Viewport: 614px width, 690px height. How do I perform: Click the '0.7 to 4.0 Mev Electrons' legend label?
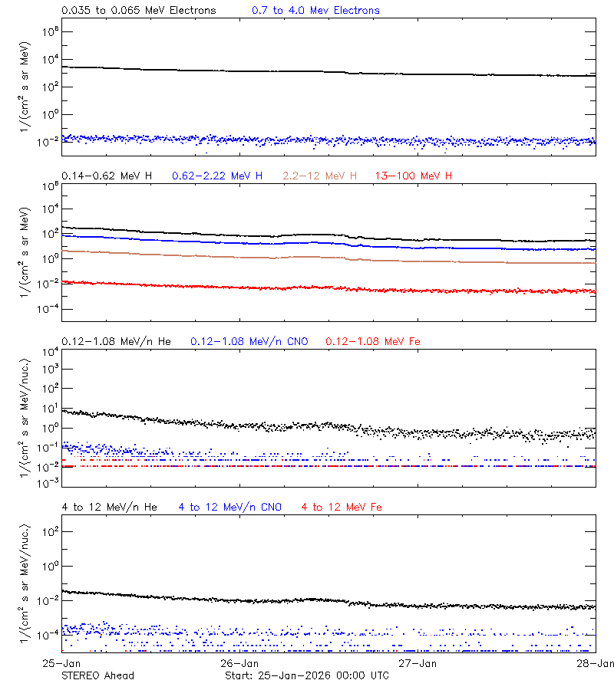click(x=315, y=11)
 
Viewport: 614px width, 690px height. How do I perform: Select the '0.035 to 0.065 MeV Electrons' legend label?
click(x=138, y=11)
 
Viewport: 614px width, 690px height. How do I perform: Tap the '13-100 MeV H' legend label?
click(x=414, y=176)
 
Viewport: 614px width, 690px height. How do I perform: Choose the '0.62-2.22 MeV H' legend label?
click(x=217, y=176)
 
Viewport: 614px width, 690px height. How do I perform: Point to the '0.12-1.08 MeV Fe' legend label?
click(x=372, y=341)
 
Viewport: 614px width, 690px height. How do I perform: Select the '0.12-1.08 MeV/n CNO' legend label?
click(x=249, y=341)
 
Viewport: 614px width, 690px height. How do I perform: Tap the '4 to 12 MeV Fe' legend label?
click(x=342, y=507)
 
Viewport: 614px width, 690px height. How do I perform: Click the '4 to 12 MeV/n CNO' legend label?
click(x=229, y=507)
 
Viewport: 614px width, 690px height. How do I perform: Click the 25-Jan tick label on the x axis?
click(x=61, y=662)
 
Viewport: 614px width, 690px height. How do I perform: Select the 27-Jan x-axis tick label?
click(x=418, y=662)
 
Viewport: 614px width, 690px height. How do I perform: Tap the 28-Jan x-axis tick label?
click(x=596, y=662)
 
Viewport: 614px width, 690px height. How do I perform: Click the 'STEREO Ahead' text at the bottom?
click(x=97, y=675)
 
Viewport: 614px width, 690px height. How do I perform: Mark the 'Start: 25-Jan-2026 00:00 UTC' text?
click(x=307, y=675)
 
